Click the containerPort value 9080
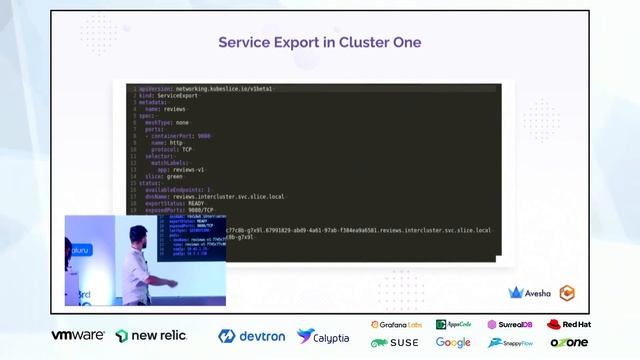pos(204,135)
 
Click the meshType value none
pos(181,122)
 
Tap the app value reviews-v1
pos(186,169)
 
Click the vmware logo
pos(78,336)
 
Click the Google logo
pos(453,342)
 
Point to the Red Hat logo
pos(568,325)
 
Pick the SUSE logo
pos(396,342)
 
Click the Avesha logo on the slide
pos(531,293)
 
